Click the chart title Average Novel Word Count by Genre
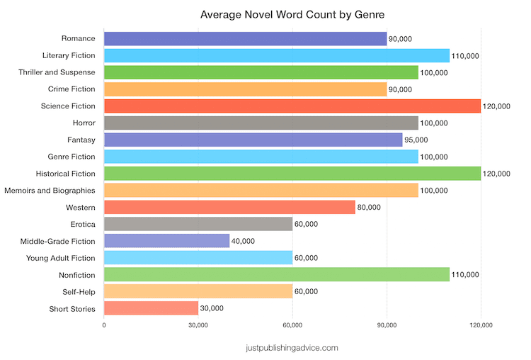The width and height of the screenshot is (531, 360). tap(292, 14)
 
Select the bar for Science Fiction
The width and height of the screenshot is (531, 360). tap(292, 106)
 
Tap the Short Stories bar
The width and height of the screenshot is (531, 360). tap(151, 308)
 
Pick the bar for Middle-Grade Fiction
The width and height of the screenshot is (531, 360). tap(166, 241)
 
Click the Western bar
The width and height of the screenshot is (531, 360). tap(229, 207)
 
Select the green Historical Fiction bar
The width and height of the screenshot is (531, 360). tap(292, 174)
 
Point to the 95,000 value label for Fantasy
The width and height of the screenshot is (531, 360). tap(416, 140)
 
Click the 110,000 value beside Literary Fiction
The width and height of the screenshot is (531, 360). tap(464, 56)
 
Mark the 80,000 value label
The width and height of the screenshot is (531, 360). tap(369, 207)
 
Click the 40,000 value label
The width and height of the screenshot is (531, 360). tap(243, 241)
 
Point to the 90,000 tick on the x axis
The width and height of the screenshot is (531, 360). tap(387, 325)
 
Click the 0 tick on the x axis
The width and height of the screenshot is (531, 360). tap(104, 325)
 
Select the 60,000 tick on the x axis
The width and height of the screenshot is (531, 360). tap(292, 325)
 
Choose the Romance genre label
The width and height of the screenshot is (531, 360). tap(79, 39)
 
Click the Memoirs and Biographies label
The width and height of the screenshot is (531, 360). tap(50, 191)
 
